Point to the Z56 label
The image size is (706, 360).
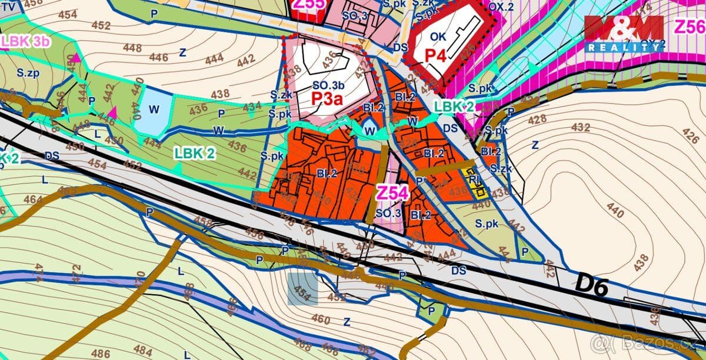(690, 27)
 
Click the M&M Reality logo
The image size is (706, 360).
(624, 32)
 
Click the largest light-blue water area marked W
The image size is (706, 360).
(152, 109)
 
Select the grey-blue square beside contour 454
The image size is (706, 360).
(302, 289)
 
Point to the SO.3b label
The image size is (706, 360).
(328, 84)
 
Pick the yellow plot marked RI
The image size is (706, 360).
(475, 182)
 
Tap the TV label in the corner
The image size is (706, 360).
(8, 4)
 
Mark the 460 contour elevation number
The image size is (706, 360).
(321, 319)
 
